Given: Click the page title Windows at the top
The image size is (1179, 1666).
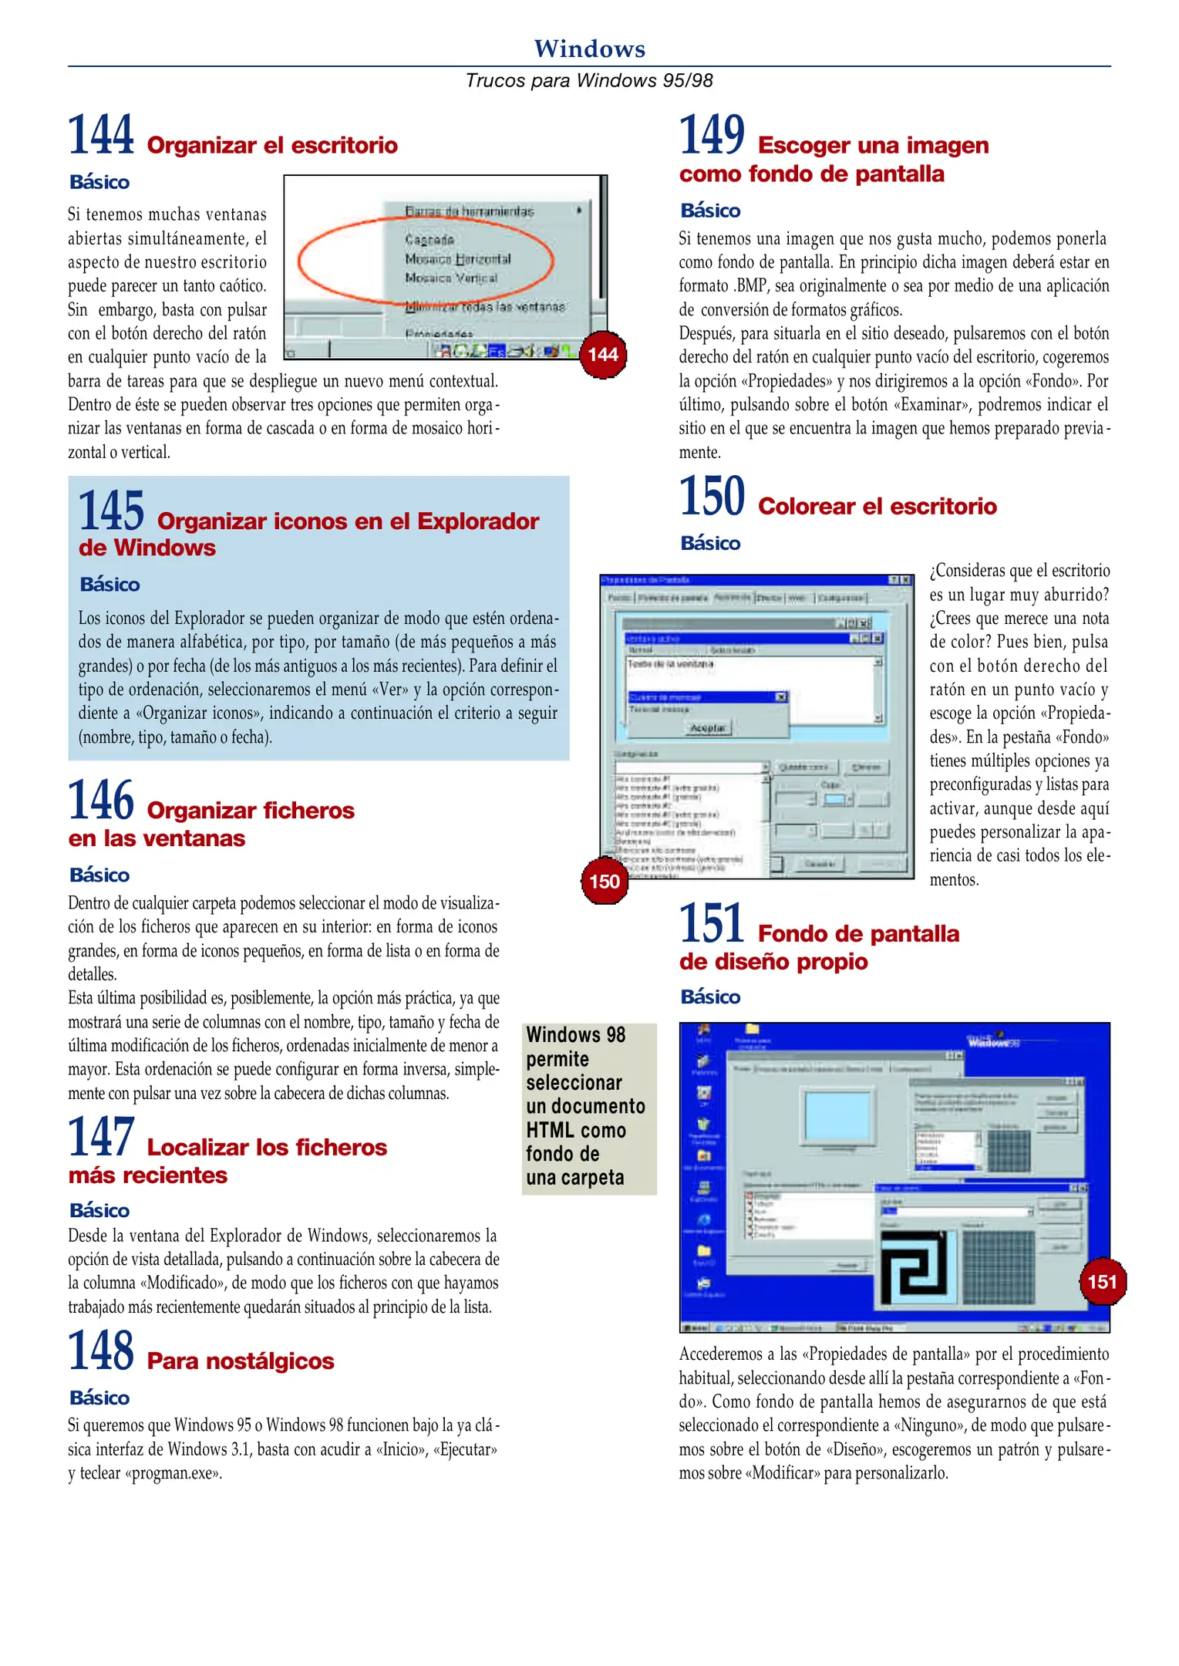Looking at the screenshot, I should [589, 49].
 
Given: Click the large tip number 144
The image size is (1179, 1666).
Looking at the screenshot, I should [101, 135].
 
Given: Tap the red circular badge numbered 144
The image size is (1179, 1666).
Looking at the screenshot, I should [602, 355].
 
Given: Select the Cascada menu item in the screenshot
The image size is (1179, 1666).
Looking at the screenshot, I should [429, 240].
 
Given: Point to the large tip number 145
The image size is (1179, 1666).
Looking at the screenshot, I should [112, 511].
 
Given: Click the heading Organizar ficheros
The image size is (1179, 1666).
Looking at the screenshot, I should [251, 810].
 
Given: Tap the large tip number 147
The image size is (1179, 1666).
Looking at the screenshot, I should [101, 1138].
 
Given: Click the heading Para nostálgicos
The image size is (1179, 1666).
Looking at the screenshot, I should [241, 1361].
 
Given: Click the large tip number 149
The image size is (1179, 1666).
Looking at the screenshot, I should [712, 135].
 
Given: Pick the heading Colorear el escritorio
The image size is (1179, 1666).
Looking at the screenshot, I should [877, 506].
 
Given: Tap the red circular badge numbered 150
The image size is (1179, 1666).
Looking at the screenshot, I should [604, 881].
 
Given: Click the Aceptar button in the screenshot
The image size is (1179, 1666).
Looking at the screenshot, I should [707, 728].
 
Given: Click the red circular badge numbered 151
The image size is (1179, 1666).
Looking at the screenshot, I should [1102, 1282].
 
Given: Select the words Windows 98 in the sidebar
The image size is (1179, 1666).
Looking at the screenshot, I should [575, 1035].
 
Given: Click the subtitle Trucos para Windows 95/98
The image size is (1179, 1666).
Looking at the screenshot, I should [589, 80].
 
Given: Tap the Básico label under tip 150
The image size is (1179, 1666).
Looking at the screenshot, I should [710, 543].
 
